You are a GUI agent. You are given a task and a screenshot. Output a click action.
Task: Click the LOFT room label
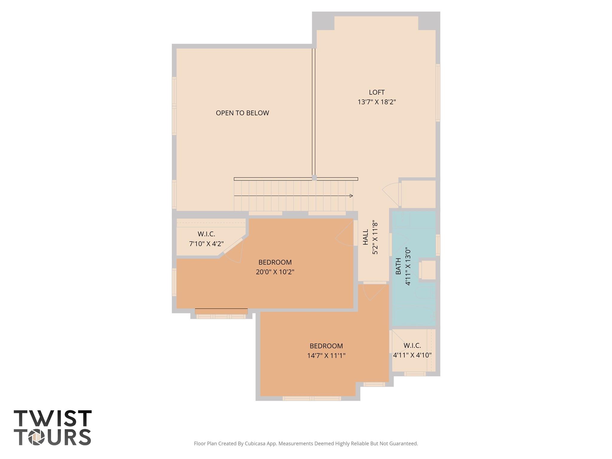pyautogui.click(x=377, y=92)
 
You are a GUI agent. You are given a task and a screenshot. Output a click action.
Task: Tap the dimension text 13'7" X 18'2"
pyautogui.click(x=377, y=102)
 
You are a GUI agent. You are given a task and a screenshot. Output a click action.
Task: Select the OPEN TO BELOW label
pyautogui.click(x=242, y=113)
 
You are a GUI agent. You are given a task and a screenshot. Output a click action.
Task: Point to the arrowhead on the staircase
pyautogui.click(x=351, y=196)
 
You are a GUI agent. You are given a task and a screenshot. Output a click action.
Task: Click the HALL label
pyautogui.click(x=365, y=237)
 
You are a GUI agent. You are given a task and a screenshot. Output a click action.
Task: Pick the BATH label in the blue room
pyautogui.click(x=398, y=266)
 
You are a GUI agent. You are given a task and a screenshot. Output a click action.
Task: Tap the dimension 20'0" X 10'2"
pyautogui.click(x=275, y=272)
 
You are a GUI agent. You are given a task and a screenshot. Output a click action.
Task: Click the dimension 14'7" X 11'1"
pyautogui.click(x=326, y=356)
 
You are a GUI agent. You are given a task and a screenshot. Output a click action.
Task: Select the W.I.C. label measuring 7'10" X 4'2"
pyautogui.click(x=206, y=234)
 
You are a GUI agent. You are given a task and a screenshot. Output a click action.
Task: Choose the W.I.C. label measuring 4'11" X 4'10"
pyautogui.click(x=412, y=346)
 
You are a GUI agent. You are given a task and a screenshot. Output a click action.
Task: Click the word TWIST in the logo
pyautogui.click(x=53, y=418)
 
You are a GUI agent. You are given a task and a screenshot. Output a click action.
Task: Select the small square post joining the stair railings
pyautogui.click(x=314, y=178)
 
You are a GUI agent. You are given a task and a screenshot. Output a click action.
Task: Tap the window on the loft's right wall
pyautogui.click(x=438, y=93)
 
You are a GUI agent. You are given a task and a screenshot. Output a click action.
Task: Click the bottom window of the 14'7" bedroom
pyautogui.click(x=312, y=398)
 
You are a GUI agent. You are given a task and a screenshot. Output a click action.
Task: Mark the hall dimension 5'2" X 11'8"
pyautogui.click(x=375, y=238)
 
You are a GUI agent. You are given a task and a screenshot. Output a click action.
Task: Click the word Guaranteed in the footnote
pyautogui.click(x=402, y=443)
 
